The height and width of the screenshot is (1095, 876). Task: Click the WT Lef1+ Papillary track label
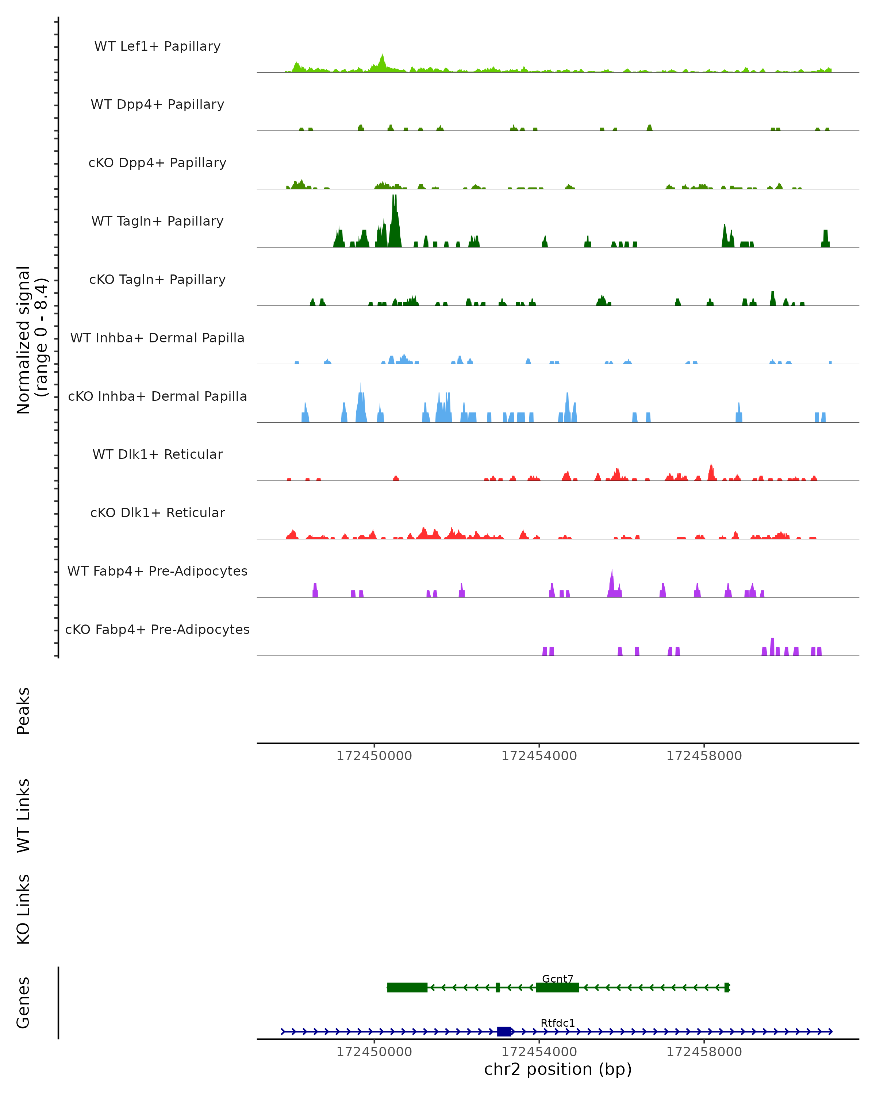[157, 46]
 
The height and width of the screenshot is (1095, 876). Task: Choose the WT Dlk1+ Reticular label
[157, 454]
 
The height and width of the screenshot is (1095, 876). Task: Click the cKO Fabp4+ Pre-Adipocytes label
[157, 629]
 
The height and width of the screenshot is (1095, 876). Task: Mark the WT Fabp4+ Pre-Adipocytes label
[157, 571]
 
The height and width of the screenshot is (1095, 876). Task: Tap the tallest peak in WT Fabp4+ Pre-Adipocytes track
[612, 571]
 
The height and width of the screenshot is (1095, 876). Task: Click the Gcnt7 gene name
[558, 979]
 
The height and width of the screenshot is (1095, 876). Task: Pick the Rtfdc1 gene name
[558, 1023]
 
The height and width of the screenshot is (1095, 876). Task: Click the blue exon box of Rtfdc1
[504, 1031]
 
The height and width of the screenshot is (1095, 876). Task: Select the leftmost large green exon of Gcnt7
[407, 987]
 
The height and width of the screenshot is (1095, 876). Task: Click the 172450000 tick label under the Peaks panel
[374, 756]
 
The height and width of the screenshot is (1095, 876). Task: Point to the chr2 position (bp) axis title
[558, 1069]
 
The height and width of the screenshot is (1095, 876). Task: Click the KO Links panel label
[23, 910]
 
